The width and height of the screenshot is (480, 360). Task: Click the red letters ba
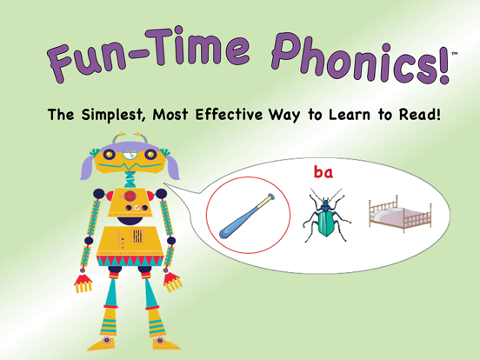[x=323, y=172]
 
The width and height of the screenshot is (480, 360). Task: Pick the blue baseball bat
[x=245, y=217]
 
